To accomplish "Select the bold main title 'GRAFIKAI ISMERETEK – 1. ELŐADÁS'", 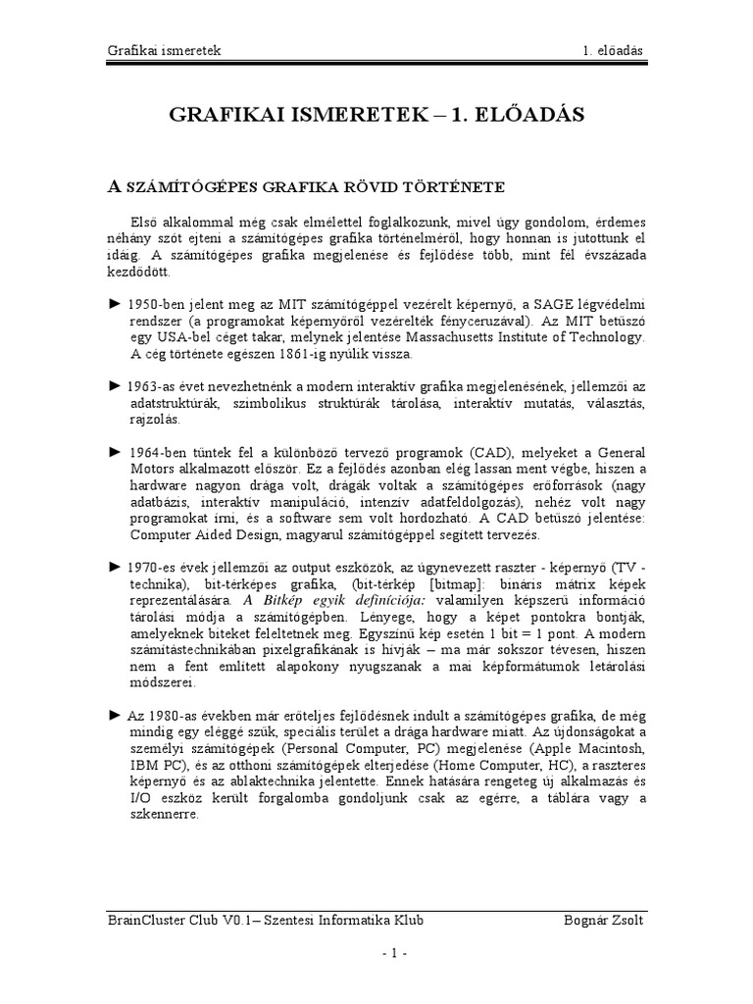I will tap(376, 115).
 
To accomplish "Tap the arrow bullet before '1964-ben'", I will tap(114, 453).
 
